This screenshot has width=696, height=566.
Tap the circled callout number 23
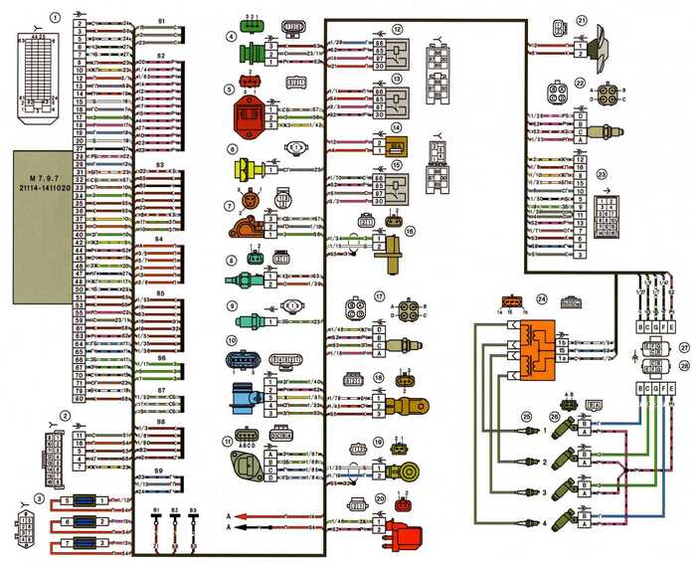pyautogui.click(x=602, y=175)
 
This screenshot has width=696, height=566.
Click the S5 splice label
pyautogui.click(x=161, y=293)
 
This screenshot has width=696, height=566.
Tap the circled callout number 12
pyautogui.click(x=398, y=30)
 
